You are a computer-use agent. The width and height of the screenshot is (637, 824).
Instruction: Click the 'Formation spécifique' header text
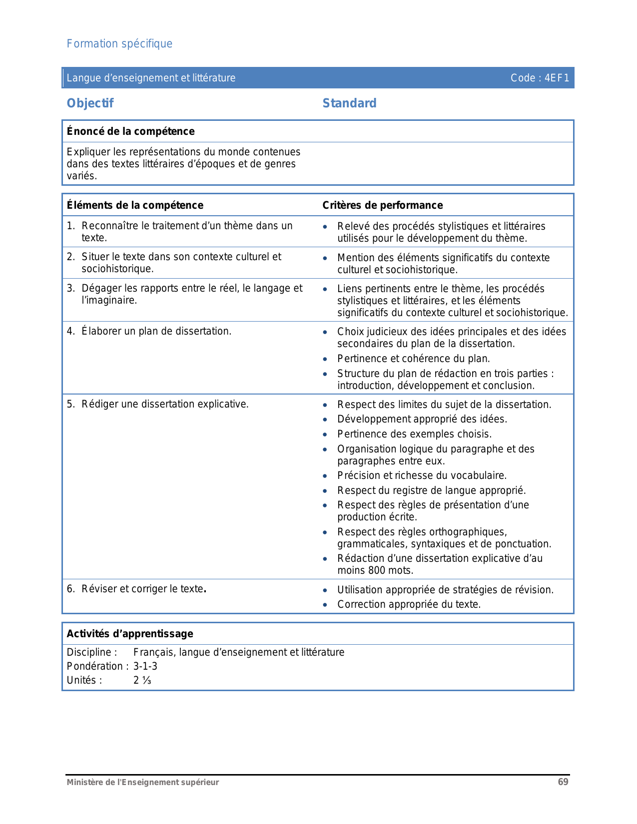click(119, 44)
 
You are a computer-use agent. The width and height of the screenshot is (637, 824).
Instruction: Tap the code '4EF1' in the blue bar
click(557, 78)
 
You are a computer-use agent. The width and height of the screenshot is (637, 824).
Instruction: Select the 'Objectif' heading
click(90, 103)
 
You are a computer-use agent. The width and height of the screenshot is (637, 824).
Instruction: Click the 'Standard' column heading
click(349, 103)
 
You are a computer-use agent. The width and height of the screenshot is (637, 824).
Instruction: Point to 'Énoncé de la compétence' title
click(131, 131)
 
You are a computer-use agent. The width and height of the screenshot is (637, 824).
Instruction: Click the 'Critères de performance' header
click(383, 205)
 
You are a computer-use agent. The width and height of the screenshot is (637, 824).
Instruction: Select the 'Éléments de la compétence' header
click(135, 205)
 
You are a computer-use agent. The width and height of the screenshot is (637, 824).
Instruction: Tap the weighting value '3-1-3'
click(145, 666)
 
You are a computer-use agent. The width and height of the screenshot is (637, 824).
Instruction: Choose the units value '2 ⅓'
click(142, 680)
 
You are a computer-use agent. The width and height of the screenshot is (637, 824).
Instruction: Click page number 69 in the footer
click(563, 782)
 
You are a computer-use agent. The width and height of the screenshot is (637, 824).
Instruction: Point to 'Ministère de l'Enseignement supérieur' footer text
click(143, 783)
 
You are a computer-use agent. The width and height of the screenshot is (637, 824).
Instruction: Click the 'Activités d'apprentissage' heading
click(130, 634)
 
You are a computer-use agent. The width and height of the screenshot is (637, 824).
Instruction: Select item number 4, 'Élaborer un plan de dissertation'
click(156, 331)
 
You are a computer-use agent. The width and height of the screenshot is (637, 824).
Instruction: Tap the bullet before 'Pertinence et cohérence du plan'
click(325, 359)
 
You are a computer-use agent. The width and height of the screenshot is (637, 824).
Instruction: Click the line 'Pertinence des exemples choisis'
click(414, 434)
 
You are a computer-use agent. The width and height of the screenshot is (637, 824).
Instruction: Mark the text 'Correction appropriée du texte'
click(409, 604)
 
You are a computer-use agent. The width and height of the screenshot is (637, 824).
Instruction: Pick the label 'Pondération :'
click(97, 666)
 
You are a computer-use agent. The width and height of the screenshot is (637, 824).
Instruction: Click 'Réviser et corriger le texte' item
click(143, 589)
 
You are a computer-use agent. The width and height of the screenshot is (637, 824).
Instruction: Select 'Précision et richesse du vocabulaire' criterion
click(422, 475)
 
